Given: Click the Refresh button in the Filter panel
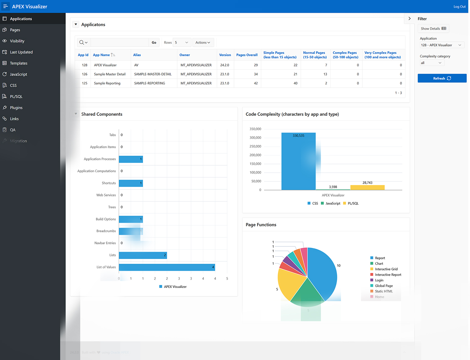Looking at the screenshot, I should pos(442,78).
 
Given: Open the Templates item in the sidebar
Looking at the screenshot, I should pos(19,63).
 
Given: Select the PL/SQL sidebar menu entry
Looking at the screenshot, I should pos(16,96).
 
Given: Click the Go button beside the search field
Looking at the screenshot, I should pos(154,42).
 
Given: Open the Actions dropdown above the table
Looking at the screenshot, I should pos(203,42).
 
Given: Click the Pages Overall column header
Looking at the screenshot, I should pos(247,55).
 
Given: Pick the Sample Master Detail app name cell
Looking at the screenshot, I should pos(110,74).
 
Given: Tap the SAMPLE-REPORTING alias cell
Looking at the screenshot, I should pos(149,83).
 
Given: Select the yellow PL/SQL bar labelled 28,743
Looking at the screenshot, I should pos(367,187).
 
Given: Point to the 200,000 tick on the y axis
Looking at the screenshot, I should pos(255,155).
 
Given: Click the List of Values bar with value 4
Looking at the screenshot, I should pos(167,267).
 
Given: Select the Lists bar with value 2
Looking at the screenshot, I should pos(143,255).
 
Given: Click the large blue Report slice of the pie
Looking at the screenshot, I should pos(323,271).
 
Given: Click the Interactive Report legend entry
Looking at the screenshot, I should pos(388,275).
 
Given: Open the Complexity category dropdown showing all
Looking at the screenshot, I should pos(432,63).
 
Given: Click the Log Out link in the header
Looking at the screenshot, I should pos(459,7).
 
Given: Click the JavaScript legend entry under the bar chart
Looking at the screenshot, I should pos(333,203).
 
